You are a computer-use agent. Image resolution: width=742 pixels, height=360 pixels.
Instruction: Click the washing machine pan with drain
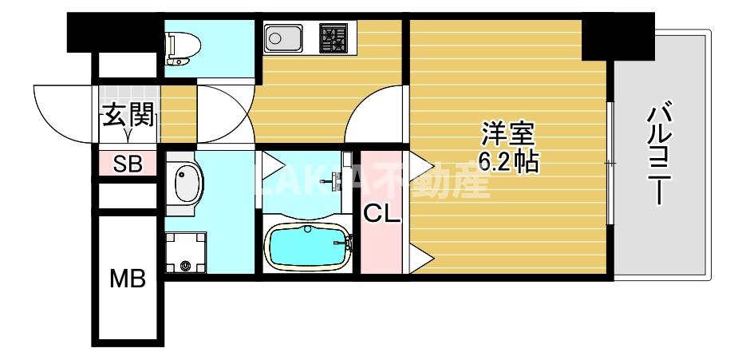(x=185, y=251)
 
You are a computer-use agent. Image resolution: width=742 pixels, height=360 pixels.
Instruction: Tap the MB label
(x=128, y=279)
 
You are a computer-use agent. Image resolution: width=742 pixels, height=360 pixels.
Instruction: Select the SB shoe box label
(x=128, y=165)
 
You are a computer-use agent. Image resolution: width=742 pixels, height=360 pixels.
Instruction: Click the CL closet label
(x=382, y=213)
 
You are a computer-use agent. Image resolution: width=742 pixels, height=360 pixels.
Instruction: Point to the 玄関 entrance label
(x=128, y=117)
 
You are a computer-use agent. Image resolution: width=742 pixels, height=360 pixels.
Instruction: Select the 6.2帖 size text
(x=507, y=162)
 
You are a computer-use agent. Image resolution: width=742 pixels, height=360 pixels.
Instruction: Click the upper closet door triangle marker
(x=421, y=167)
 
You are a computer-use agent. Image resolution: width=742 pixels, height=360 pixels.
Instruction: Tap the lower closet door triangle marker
(x=421, y=257)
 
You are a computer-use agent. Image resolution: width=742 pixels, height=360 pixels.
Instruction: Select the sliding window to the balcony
(x=610, y=163)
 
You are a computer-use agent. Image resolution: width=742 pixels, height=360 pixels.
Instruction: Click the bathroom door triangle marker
(x=271, y=167)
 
